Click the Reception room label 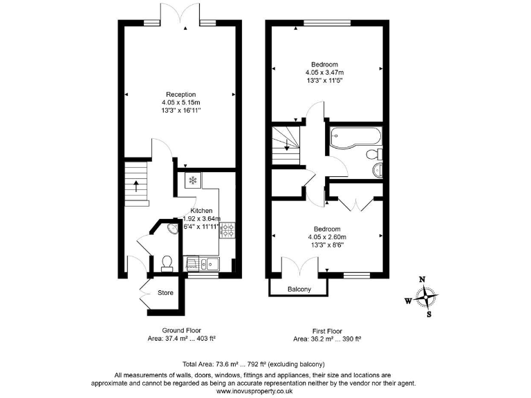(x=180, y=95)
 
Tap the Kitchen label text (x=201, y=211)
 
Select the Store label (x=166, y=293)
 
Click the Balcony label (x=299, y=289)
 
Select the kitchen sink (x=208, y=263)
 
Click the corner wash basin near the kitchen (x=171, y=230)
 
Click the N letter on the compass (x=422, y=280)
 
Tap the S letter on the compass (x=429, y=315)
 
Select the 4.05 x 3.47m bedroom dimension (x=324, y=72)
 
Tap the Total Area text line (x=253, y=364)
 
